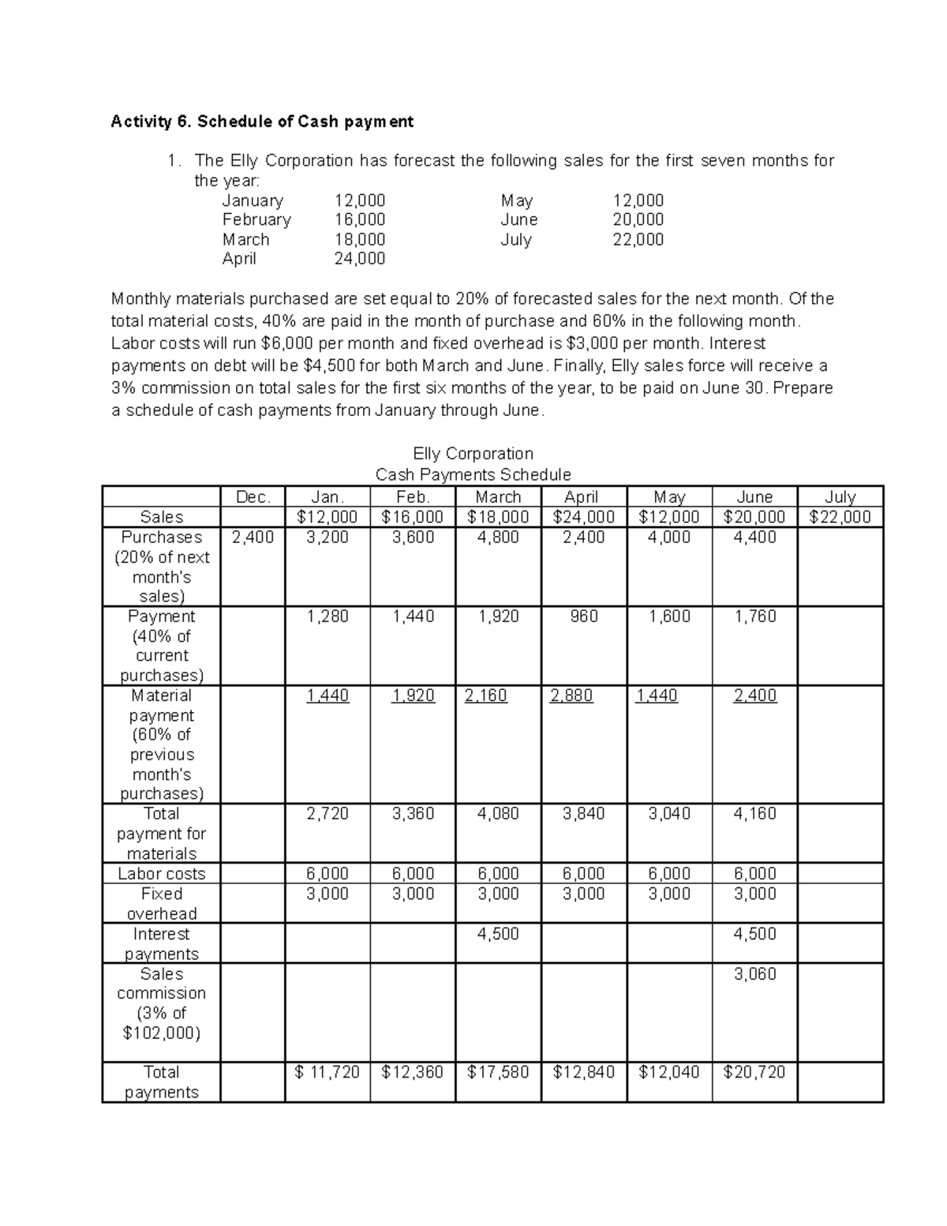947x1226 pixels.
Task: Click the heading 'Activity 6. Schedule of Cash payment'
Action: pyautogui.click(x=262, y=122)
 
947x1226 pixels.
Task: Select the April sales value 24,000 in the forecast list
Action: pyautogui.click(x=360, y=259)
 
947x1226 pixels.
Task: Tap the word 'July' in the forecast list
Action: pyautogui.click(x=516, y=239)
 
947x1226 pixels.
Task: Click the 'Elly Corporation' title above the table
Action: pyautogui.click(x=473, y=453)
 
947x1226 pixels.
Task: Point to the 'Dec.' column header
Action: pyautogui.click(x=253, y=497)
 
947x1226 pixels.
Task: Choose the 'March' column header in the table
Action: pyautogui.click(x=498, y=497)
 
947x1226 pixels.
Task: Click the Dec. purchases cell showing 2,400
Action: pyautogui.click(x=253, y=538)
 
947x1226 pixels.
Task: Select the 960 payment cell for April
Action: pyautogui.click(x=584, y=617)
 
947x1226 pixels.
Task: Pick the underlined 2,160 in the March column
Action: pyautogui.click(x=486, y=695)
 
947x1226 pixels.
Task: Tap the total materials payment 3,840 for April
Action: pyautogui.click(x=584, y=814)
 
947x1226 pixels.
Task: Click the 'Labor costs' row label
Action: pyautogui.click(x=161, y=874)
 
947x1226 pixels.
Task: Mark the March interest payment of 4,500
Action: pyautogui.click(x=498, y=934)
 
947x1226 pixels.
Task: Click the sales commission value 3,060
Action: pyautogui.click(x=754, y=974)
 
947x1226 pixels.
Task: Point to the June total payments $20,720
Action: pyautogui.click(x=754, y=1072)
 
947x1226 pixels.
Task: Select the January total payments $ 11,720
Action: pyautogui.click(x=327, y=1072)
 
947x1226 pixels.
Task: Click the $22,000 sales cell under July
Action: pyautogui.click(x=840, y=517)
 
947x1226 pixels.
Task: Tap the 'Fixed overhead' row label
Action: pyautogui.click(x=161, y=904)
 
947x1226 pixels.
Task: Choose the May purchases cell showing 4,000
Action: pyautogui.click(x=669, y=538)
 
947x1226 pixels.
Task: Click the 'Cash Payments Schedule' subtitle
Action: pyautogui.click(x=473, y=474)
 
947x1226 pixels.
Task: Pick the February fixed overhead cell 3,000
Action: pyautogui.click(x=413, y=894)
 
